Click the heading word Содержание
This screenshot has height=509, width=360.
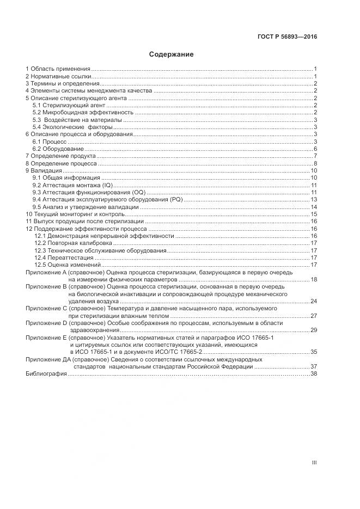click(x=172, y=54)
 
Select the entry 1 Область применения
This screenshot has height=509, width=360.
click(x=58, y=69)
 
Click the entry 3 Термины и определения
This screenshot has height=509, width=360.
click(x=62, y=83)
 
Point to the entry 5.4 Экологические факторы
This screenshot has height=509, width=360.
click(x=75, y=127)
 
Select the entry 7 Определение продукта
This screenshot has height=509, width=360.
click(x=59, y=156)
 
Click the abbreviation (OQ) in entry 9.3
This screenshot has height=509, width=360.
click(x=139, y=192)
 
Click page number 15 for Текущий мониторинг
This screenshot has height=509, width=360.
click(x=314, y=214)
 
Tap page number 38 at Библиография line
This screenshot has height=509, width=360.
click(x=314, y=375)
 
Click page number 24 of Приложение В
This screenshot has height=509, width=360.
click(x=314, y=301)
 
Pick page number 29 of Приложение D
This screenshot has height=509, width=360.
click(x=314, y=330)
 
